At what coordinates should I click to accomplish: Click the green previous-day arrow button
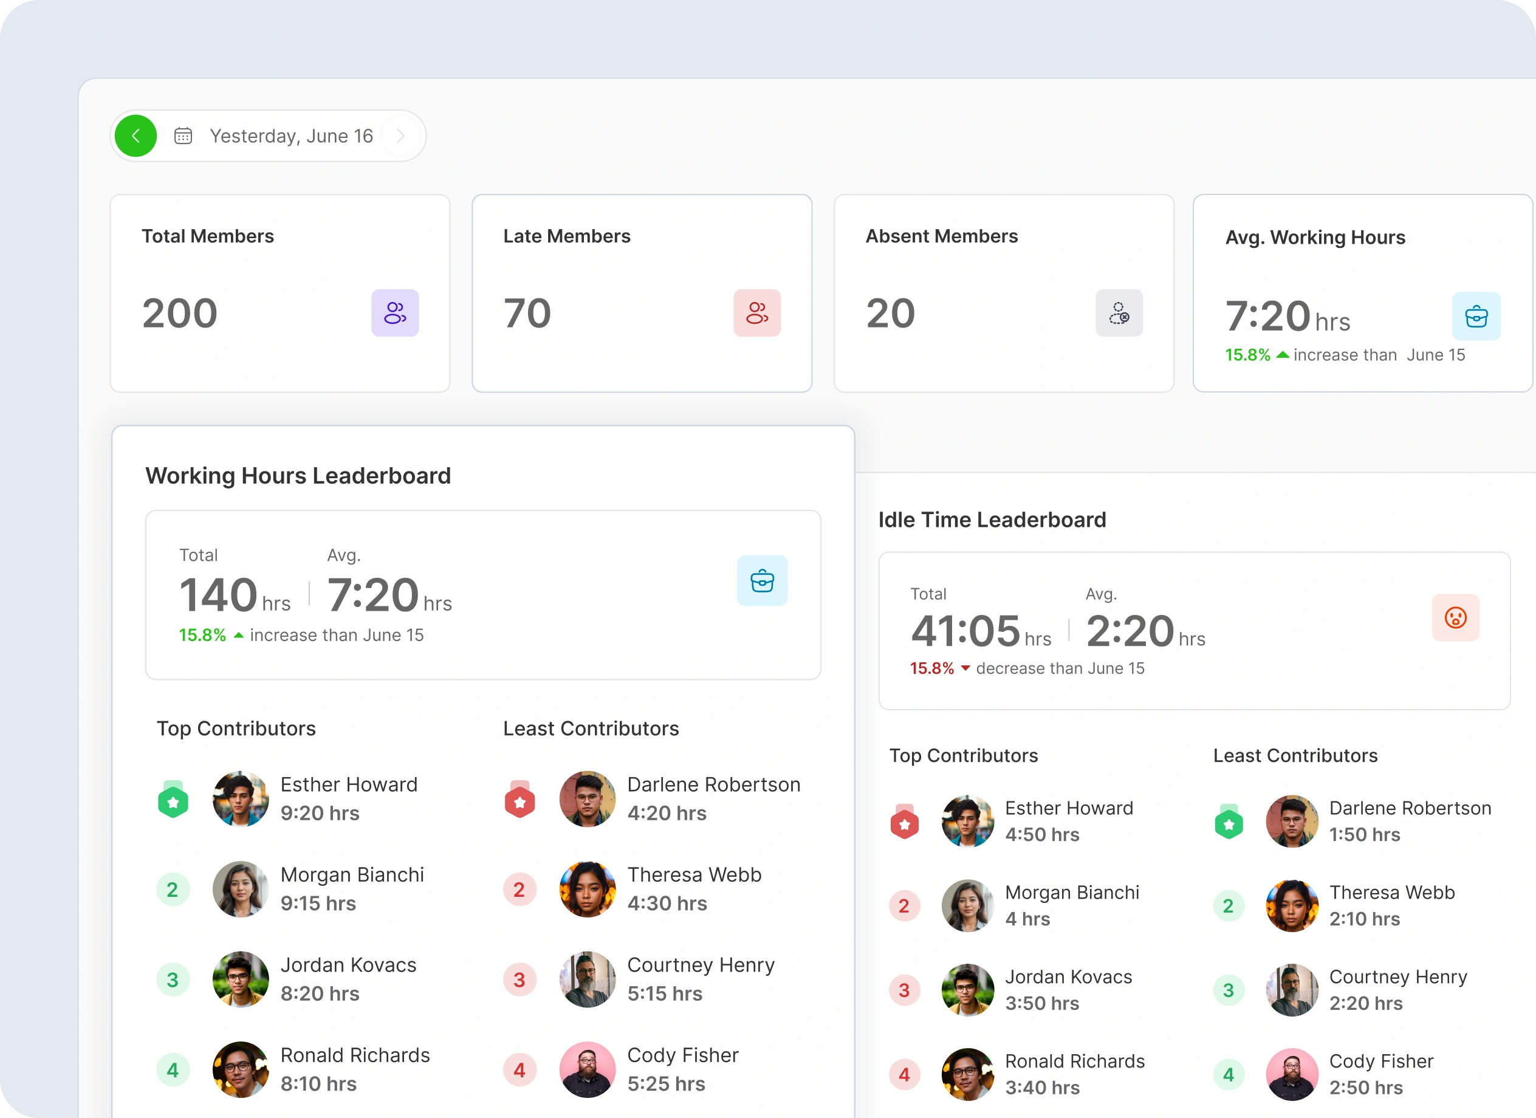135,136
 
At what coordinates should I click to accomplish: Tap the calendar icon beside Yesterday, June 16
183,136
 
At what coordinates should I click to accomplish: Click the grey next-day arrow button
401,136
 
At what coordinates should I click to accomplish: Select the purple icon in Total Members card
395,313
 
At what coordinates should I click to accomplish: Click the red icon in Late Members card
756,313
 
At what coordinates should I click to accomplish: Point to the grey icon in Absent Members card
1119,313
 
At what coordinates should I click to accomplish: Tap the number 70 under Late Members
527,314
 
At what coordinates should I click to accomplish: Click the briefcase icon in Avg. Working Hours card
1476,316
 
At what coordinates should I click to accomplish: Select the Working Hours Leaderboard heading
298,476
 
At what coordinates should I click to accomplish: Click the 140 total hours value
218,595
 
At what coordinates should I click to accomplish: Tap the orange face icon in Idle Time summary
1455,617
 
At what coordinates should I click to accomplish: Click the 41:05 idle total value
965,631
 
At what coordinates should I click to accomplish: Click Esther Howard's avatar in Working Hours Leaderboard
241,799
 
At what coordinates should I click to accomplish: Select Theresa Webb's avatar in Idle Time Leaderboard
1292,906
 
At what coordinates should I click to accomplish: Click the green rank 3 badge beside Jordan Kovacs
173,980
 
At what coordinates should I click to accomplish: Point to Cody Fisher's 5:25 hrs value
666,1084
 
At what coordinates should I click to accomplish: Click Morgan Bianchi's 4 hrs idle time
1027,919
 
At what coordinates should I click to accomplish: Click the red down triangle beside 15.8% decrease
965,668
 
